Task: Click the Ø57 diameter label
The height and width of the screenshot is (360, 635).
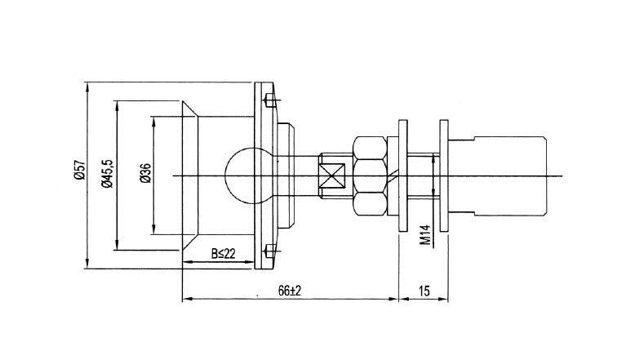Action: click(x=80, y=170)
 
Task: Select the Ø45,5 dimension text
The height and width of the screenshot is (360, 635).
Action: click(x=108, y=174)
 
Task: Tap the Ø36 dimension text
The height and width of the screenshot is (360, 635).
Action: click(x=146, y=173)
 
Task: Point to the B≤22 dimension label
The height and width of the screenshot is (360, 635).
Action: click(x=223, y=254)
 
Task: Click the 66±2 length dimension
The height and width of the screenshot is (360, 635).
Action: click(x=290, y=291)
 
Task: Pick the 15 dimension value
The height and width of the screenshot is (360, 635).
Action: click(x=424, y=291)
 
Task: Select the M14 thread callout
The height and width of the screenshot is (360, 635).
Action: click(x=424, y=235)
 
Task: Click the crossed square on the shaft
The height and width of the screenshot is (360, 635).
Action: click(x=331, y=176)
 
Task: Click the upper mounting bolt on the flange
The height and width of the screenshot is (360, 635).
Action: click(x=269, y=100)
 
